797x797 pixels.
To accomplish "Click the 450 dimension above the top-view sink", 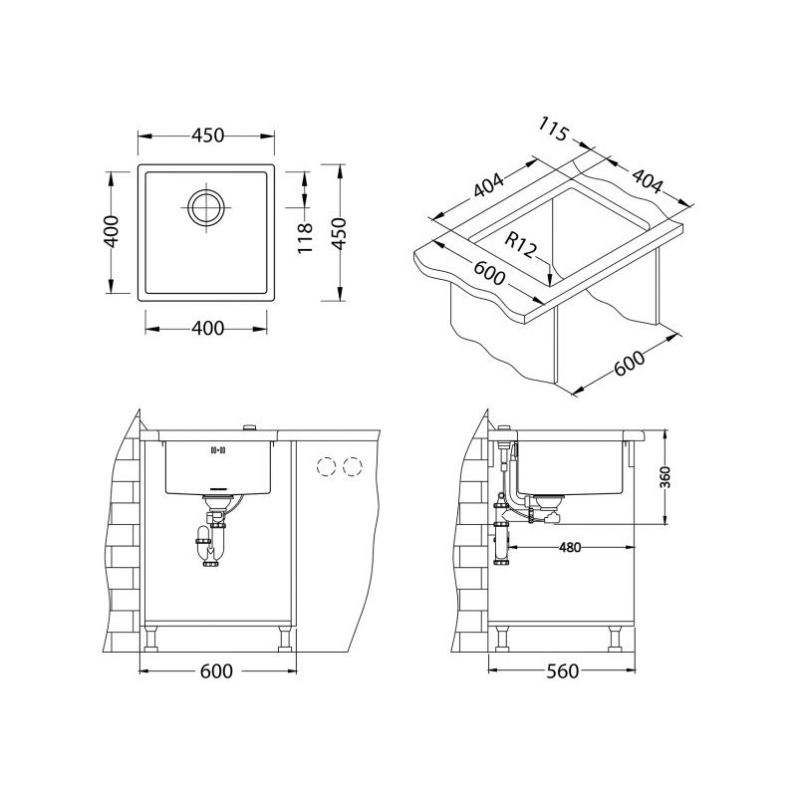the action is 207,135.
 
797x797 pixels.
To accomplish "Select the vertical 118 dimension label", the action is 305,238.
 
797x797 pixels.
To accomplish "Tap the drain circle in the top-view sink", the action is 206,207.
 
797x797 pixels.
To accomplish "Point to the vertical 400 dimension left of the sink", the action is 112,232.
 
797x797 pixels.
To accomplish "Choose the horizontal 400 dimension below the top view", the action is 207,329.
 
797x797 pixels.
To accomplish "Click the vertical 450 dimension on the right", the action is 339,233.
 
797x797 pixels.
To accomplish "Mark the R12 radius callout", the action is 520,245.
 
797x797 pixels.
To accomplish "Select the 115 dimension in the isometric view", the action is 553,130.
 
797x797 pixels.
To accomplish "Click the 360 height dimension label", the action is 665,477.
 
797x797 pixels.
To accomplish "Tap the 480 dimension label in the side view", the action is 569,547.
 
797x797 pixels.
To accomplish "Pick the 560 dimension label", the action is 562,671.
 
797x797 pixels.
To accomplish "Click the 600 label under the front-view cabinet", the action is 216,671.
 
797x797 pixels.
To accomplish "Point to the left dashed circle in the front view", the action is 326,466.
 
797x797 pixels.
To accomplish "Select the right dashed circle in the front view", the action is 353,466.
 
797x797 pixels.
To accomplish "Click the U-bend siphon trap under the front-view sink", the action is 207,546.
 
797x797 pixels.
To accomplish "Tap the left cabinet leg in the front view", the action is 151,639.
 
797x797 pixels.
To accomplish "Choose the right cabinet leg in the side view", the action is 616,639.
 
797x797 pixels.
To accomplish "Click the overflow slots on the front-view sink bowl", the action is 217,450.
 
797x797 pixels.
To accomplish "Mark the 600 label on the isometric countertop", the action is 489,274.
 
